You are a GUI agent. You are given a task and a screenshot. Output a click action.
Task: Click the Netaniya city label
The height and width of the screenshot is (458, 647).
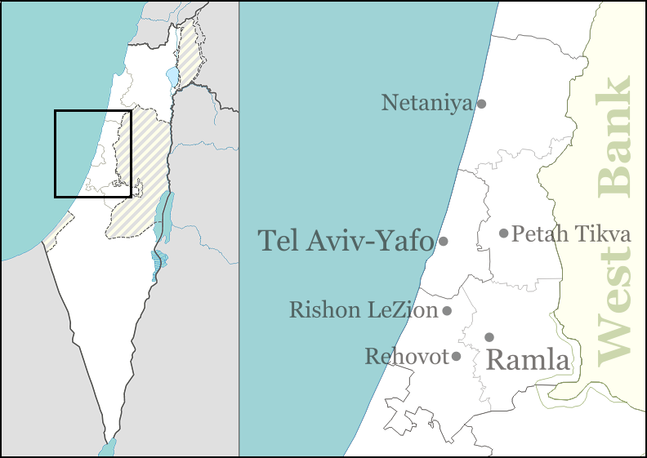click(426, 103)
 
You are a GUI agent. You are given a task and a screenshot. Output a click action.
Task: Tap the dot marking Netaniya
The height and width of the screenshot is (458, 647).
click(482, 104)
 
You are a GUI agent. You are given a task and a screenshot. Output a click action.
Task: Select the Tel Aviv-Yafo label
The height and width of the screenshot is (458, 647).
click(346, 241)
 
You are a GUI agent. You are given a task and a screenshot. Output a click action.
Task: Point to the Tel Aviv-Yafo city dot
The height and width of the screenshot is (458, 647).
click(444, 241)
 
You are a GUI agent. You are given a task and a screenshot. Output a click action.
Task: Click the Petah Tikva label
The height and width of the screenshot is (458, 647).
click(571, 234)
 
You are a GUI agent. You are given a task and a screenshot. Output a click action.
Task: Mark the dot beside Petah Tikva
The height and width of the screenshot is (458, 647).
click(504, 233)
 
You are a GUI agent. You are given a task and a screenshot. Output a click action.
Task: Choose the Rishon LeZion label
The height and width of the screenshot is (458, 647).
click(364, 310)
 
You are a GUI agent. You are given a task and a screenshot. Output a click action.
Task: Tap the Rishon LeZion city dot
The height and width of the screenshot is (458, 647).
click(448, 310)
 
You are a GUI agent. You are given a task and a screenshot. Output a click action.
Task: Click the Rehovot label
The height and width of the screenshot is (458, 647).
click(407, 357)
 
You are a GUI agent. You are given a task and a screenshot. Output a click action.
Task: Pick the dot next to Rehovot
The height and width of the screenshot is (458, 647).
click(456, 356)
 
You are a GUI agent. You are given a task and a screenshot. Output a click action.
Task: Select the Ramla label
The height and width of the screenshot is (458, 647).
click(527, 359)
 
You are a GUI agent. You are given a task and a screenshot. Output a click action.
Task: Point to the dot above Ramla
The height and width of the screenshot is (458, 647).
click(489, 336)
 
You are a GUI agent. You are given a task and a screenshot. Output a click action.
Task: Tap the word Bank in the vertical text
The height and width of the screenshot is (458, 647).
click(614, 137)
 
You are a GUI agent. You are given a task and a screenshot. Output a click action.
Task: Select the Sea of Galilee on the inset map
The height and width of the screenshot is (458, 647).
click(172, 78)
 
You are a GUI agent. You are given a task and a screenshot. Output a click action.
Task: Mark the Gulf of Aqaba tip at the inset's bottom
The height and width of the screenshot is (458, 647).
click(107, 448)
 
